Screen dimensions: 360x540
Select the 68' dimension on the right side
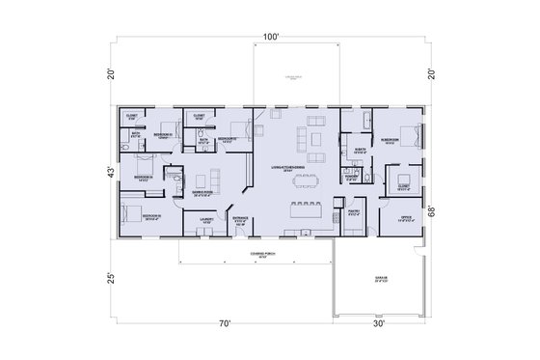tap(434, 211)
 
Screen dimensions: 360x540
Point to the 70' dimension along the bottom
tap(224, 323)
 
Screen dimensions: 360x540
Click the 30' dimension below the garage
tap(379, 323)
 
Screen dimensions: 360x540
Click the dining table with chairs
tap(309, 207)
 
